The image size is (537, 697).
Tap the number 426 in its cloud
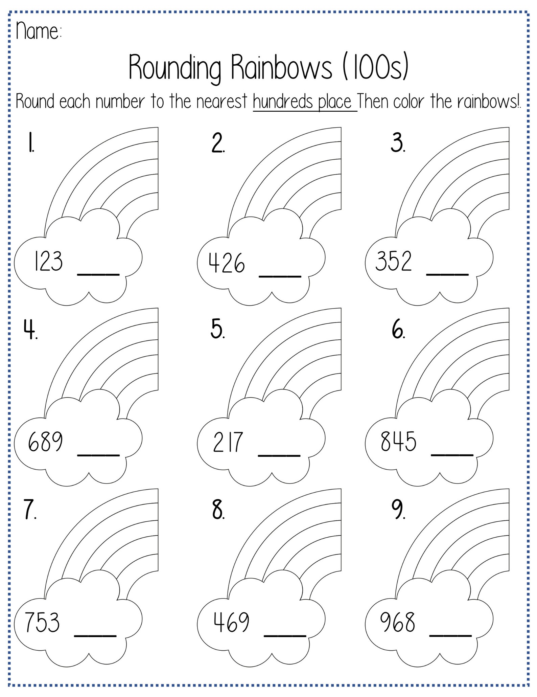coord(227,263)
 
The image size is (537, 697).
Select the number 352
coord(394,261)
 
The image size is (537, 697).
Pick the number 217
coord(228,442)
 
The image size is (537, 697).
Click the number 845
coord(398,442)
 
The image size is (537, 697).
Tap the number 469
coord(232,622)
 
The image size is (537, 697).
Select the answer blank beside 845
coord(452,454)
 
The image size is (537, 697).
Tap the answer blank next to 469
coord(285,635)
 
